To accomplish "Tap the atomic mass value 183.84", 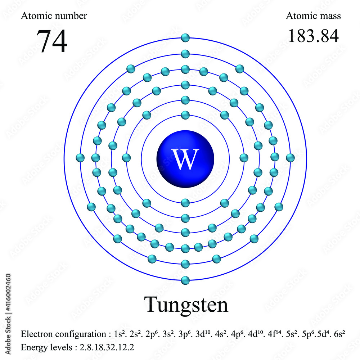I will (x=313, y=36).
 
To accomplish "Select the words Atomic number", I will (x=54, y=16).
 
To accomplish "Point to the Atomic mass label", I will (x=313, y=16).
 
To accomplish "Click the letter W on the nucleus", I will (x=185, y=159).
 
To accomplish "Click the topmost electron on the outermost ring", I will (x=185, y=37).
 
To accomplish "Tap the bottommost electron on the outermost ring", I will (x=185, y=280).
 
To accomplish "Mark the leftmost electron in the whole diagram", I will (x=81, y=158).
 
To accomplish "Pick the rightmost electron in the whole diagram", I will (x=290, y=158).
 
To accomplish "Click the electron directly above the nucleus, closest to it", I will (x=185, y=115).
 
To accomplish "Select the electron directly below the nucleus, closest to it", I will (x=185, y=203).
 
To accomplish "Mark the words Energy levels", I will (x=42, y=348).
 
